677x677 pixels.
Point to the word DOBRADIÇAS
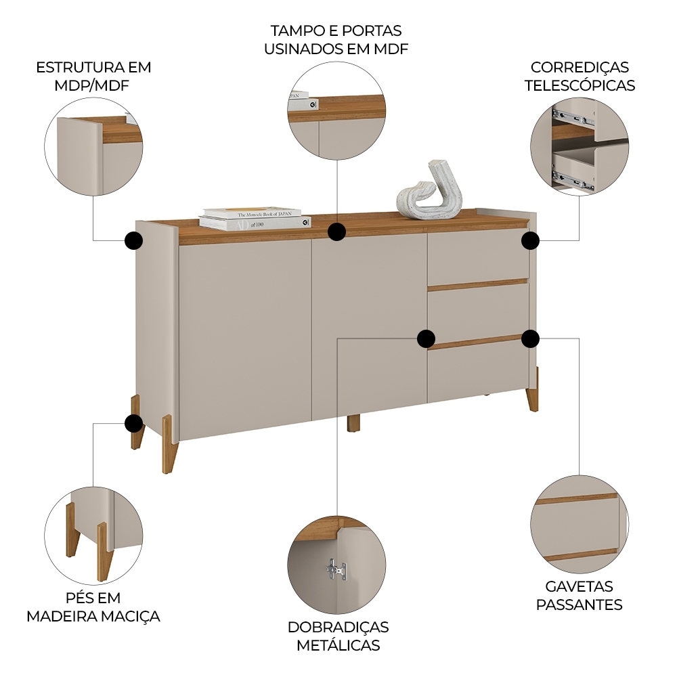(338, 628)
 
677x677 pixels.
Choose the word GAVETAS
(579, 587)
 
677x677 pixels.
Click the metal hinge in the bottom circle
(336, 570)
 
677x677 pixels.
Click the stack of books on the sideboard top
(254, 218)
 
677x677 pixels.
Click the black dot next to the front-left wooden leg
(134, 424)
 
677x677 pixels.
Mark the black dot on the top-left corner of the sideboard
(133, 240)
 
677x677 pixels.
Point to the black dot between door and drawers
(426, 338)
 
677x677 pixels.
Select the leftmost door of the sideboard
(244, 338)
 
